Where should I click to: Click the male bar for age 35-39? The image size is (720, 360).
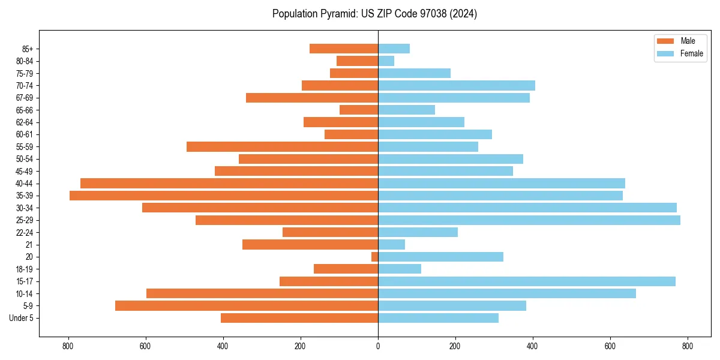pos(224,196)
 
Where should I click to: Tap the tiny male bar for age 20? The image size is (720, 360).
pos(374,257)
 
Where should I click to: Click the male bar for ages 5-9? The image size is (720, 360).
pos(247,306)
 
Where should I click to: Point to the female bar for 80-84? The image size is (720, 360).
pos(386,61)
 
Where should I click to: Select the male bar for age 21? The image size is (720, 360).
pos(310,245)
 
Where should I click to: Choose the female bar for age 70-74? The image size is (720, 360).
pos(457,85)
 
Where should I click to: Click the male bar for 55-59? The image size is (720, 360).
pos(282,146)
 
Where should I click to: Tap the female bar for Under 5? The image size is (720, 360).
pos(438,318)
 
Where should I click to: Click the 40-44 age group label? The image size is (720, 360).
pos(24,184)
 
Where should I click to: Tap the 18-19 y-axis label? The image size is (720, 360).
pos(24,269)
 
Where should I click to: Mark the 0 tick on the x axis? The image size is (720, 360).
pos(378,346)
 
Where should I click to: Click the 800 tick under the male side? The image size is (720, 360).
pos(68,346)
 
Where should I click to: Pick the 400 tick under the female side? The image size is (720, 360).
pos(533,346)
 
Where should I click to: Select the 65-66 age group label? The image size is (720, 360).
pos(24,110)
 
